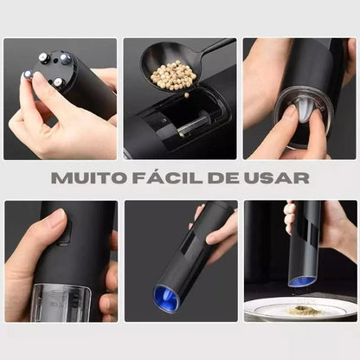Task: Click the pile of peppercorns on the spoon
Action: (x=173, y=76)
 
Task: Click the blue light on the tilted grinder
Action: (x=167, y=299)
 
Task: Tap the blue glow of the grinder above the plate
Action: (x=302, y=281)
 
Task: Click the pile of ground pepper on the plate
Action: (x=299, y=309)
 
